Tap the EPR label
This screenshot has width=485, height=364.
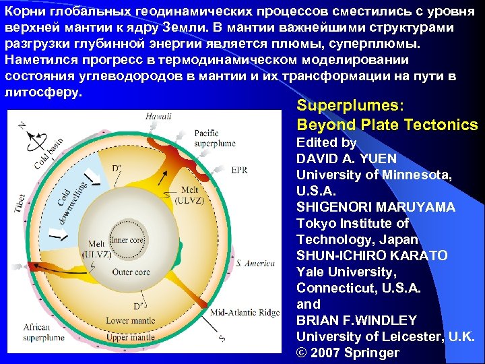coord(239,170)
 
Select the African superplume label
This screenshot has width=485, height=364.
coord(42,331)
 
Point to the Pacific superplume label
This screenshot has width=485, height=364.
coord(214,138)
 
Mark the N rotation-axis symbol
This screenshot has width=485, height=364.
coord(25,125)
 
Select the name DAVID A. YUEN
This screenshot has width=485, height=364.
coord(346,159)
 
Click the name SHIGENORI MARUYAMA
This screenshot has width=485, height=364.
coord(376,207)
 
